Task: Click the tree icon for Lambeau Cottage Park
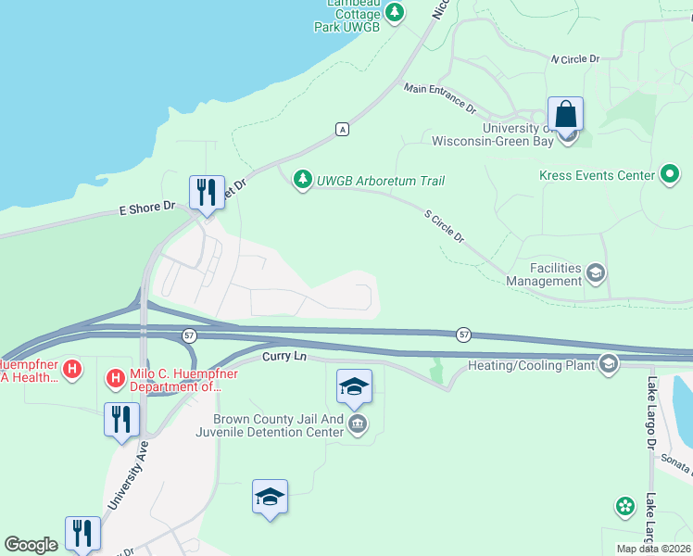click(x=396, y=12)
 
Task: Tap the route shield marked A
click(x=343, y=128)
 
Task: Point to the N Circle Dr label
click(x=575, y=58)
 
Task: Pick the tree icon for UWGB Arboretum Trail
click(x=302, y=178)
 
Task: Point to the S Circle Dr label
click(x=445, y=226)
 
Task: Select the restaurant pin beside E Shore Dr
click(x=206, y=193)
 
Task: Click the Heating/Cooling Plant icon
click(x=609, y=364)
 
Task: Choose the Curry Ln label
click(x=283, y=356)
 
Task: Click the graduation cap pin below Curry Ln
click(x=354, y=387)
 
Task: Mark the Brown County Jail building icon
click(x=358, y=425)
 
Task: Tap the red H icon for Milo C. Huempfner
click(x=116, y=378)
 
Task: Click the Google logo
click(x=31, y=545)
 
